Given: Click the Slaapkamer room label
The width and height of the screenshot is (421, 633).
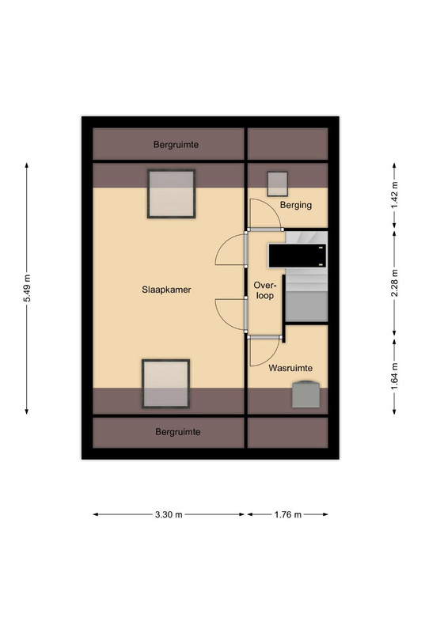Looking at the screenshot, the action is (x=166, y=290).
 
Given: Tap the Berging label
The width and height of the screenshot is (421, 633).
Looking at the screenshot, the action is (x=296, y=205).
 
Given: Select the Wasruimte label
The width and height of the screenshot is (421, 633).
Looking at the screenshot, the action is (x=290, y=368).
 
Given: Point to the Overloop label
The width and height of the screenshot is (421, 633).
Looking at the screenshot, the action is (x=264, y=290).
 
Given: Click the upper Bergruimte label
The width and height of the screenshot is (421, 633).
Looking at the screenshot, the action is (x=176, y=145).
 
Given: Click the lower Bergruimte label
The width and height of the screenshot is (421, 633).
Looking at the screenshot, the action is (x=178, y=432).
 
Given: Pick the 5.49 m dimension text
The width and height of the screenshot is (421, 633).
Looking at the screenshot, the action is (x=27, y=288).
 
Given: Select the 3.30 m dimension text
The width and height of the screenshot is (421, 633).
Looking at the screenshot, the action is (x=169, y=515).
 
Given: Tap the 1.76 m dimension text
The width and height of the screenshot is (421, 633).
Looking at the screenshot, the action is (x=288, y=515).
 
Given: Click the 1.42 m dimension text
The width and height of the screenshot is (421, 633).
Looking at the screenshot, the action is (x=394, y=195).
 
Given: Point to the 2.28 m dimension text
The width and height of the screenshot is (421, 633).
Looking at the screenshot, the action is (x=394, y=283).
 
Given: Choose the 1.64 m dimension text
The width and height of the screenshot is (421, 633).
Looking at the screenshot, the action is (x=394, y=377).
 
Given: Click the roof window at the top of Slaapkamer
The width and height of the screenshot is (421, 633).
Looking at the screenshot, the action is (x=171, y=194).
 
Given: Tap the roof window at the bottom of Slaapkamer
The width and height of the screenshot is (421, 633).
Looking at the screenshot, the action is (x=165, y=384).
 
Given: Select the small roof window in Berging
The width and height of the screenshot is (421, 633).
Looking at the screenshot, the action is (x=278, y=184).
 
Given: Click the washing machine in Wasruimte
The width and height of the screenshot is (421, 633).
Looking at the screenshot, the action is (x=306, y=394).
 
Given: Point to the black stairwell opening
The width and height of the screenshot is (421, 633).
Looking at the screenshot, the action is (x=298, y=256).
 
